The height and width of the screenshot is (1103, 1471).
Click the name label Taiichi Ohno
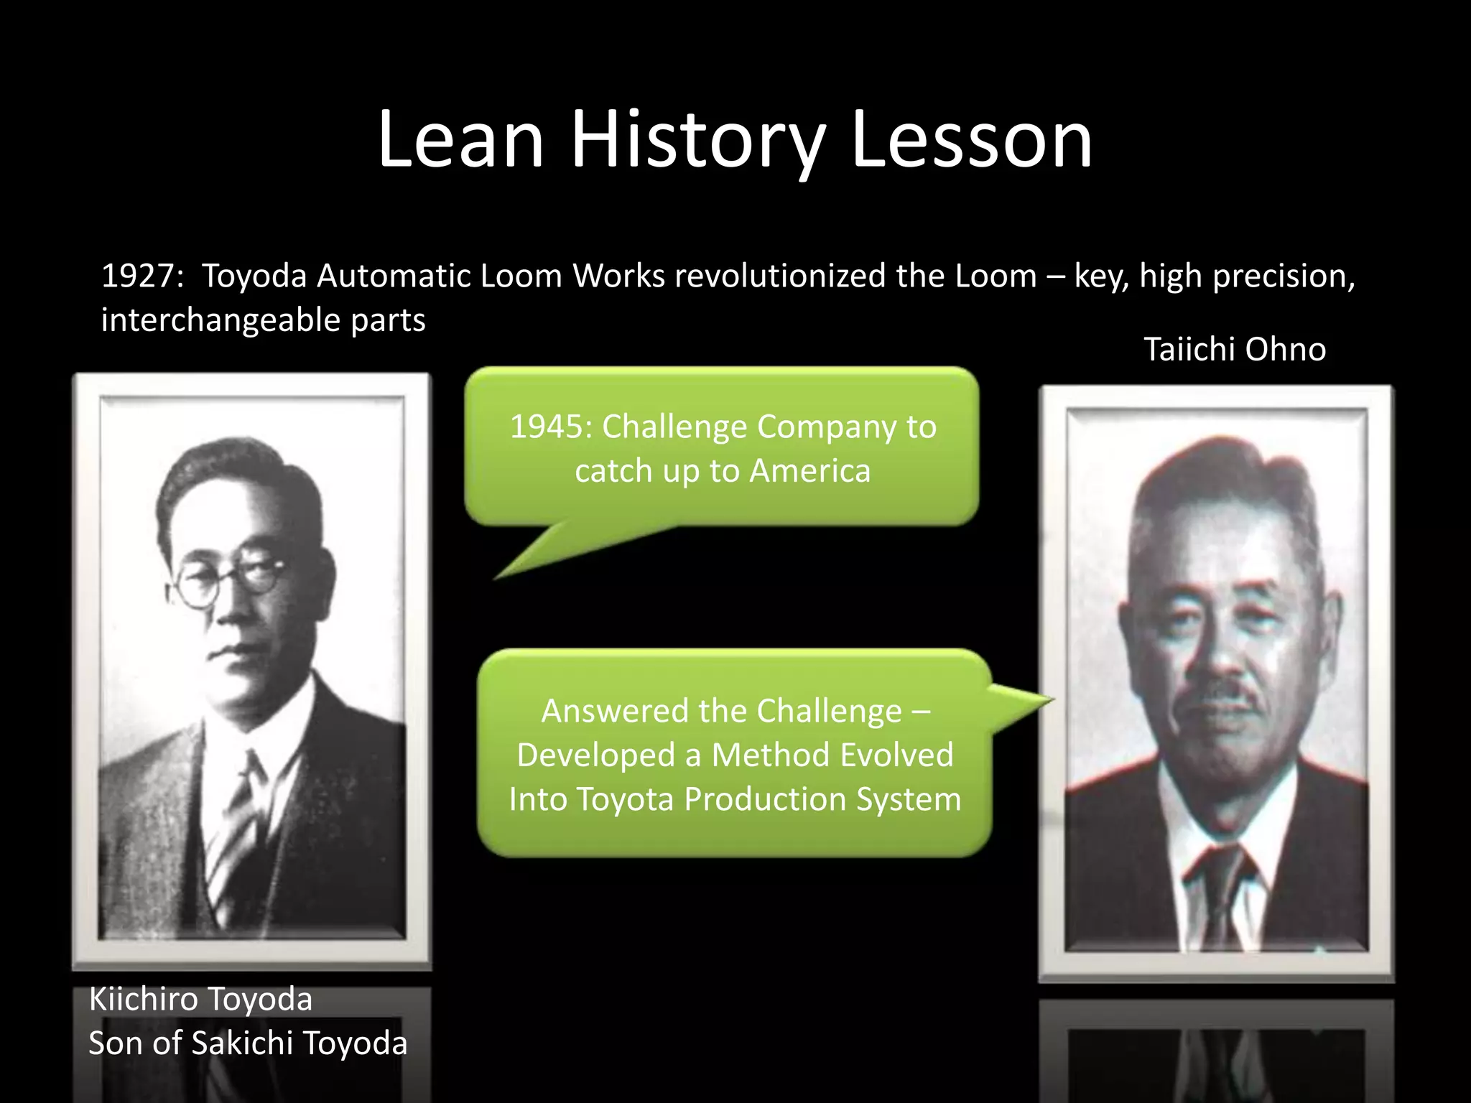click(x=1234, y=350)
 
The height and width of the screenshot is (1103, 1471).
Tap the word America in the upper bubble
click(x=809, y=471)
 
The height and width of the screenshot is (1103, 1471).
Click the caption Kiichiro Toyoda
click(x=200, y=999)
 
